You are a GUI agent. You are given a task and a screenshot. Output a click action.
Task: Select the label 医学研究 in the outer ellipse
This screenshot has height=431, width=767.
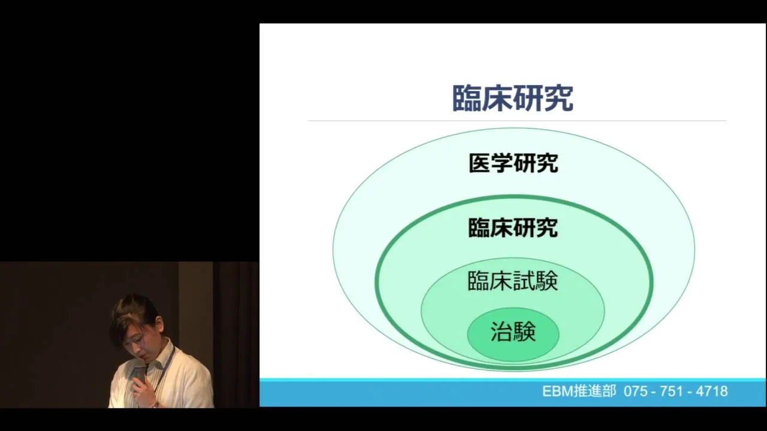click(x=514, y=163)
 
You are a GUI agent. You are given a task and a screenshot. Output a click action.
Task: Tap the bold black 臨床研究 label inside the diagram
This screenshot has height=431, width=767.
click(x=513, y=227)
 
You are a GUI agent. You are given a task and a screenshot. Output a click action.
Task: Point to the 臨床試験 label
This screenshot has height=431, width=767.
click(x=513, y=281)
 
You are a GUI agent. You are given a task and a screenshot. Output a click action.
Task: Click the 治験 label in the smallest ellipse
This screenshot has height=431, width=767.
click(x=513, y=331)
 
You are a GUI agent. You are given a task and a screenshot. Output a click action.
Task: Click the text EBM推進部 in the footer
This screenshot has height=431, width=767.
click(x=579, y=391)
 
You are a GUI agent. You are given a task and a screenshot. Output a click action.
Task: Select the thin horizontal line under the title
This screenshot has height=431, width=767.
click(x=517, y=121)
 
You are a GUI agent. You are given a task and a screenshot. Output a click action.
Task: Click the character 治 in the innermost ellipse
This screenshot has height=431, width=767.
click(x=502, y=331)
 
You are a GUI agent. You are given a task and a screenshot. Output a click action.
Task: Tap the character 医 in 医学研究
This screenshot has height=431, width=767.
click(x=480, y=163)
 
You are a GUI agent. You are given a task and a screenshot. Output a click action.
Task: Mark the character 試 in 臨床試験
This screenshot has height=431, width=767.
click(x=524, y=281)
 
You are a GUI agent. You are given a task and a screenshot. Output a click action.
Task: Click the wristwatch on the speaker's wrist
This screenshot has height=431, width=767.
click(x=156, y=405)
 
